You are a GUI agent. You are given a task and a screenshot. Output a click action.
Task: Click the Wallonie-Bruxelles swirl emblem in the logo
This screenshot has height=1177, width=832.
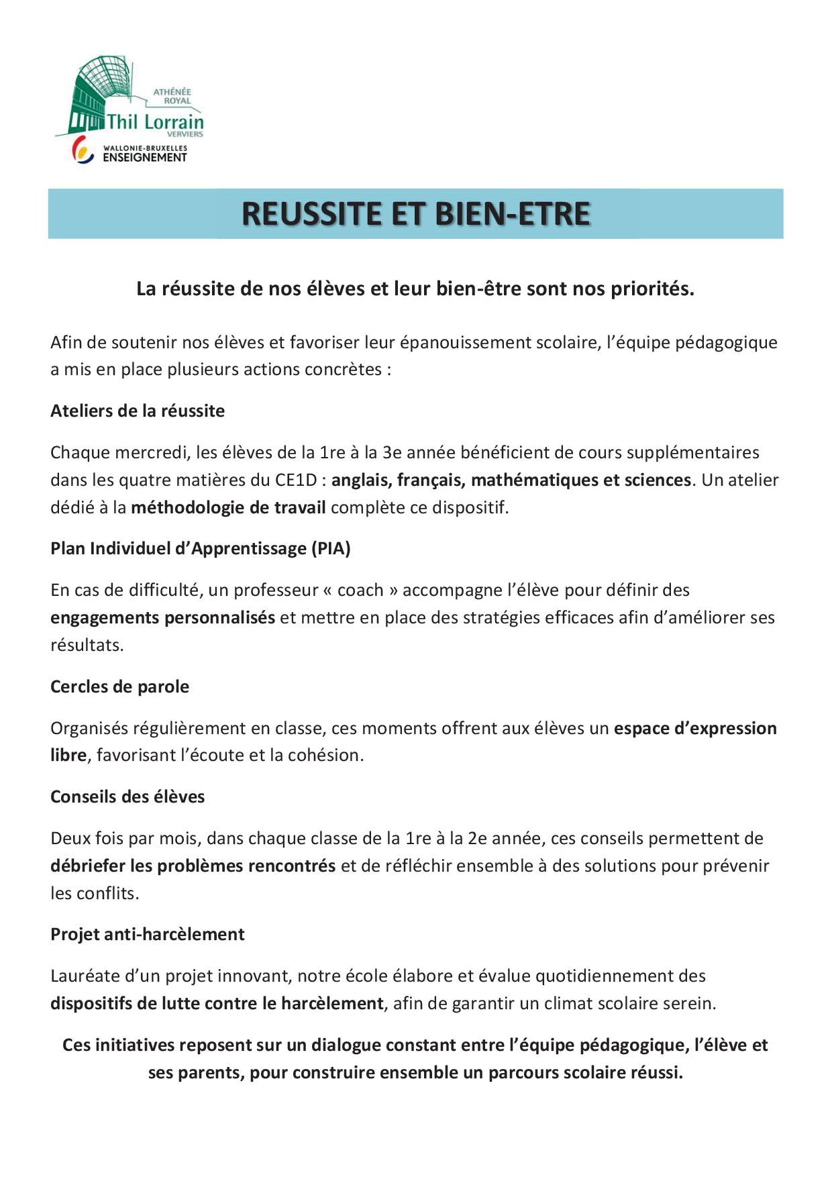tap(83, 150)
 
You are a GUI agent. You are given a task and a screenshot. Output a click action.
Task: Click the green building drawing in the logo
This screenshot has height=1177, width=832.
tap(101, 94)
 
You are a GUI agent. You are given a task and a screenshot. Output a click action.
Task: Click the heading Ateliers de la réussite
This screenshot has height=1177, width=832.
tap(138, 411)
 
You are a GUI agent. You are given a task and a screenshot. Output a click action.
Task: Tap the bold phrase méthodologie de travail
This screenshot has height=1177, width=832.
tap(228, 507)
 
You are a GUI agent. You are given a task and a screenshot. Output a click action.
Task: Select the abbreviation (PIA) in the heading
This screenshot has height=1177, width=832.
tap(330, 548)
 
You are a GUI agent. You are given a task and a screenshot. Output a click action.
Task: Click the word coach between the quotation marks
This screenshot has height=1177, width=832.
tap(360, 590)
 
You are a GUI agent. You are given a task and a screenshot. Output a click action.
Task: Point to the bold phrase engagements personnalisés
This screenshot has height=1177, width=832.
tap(162, 617)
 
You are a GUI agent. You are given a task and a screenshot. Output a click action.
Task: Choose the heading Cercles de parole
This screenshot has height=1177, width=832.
tap(119, 686)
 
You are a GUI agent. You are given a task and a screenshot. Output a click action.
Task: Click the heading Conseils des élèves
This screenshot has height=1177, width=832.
tap(127, 797)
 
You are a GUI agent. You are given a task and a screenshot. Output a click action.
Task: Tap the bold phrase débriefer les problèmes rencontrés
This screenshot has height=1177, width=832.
tap(193, 866)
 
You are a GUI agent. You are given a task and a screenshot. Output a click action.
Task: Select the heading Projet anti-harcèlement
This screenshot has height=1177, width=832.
tap(148, 934)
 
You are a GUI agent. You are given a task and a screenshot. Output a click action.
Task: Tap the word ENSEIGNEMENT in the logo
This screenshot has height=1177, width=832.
tap(144, 158)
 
